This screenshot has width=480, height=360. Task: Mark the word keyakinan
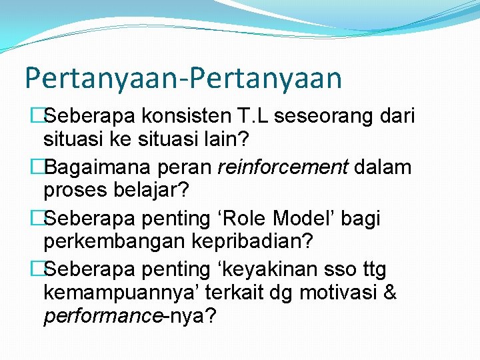click(x=270, y=269)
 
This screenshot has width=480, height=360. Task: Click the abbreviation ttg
click(x=371, y=270)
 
